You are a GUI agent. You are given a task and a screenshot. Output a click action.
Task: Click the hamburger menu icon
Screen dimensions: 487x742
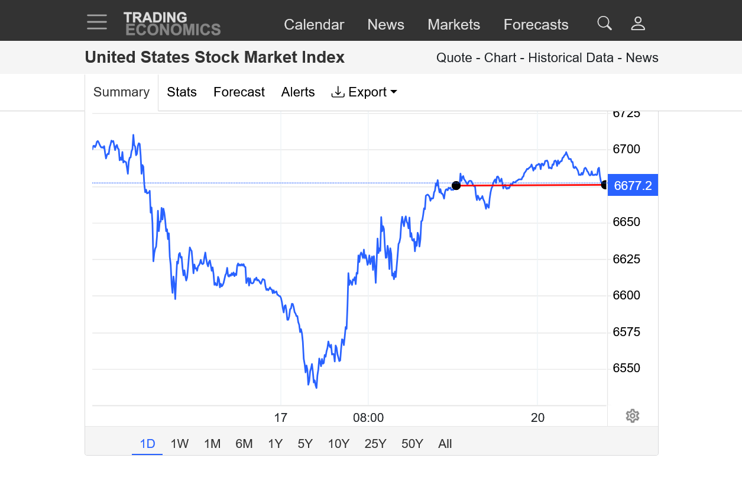[x=97, y=22]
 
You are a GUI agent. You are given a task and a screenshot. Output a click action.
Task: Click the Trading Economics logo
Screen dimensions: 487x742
[x=172, y=24]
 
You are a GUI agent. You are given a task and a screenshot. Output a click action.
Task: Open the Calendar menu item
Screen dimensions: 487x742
[x=314, y=24]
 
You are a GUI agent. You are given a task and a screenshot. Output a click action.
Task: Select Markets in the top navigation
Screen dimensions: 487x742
[x=453, y=24]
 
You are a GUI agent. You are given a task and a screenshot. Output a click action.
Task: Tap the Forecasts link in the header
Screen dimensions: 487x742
[x=536, y=24]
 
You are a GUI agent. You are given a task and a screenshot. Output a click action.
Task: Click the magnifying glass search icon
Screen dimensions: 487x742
[x=604, y=23]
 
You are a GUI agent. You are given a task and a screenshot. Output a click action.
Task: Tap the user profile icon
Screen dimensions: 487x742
[x=638, y=24]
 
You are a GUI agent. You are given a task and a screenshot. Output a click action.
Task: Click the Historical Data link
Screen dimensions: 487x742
[x=572, y=57]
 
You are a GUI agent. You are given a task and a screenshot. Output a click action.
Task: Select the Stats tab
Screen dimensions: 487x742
[x=182, y=92]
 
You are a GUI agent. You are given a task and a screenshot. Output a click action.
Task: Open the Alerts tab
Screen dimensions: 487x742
[x=298, y=92]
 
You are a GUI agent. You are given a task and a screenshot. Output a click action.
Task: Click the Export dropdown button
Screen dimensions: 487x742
[x=364, y=92]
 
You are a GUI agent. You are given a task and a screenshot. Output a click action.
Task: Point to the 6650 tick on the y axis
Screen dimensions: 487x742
[x=626, y=222]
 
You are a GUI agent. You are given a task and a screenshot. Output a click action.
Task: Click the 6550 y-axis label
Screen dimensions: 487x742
[x=626, y=368]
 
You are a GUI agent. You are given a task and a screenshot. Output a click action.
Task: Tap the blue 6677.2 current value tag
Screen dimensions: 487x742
[x=633, y=185]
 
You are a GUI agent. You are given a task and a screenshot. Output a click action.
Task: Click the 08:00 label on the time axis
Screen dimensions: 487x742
[x=368, y=418]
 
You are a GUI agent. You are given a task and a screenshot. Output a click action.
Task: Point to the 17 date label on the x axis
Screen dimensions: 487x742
[x=280, y=418]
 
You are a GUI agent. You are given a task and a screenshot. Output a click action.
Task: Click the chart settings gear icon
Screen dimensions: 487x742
[x=633, y=416]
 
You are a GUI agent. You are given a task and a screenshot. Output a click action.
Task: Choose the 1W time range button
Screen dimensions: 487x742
[x=180, y=444]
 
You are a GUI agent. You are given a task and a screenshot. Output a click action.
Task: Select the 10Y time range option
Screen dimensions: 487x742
[x=339, y=444]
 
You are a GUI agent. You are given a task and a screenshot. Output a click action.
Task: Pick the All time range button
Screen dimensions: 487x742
[x=445, y=444]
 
